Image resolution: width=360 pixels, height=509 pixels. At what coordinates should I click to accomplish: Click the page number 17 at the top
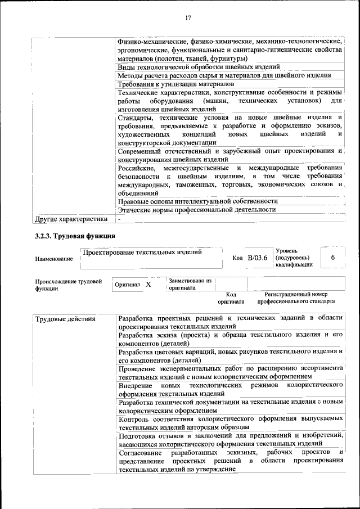click(188, 18)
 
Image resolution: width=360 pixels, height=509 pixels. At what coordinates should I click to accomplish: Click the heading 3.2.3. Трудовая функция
click(75, 236)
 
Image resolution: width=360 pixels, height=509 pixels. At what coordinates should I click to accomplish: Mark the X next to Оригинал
click(148, 285)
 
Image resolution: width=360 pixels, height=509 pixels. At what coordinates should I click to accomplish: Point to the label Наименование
click(53, 259)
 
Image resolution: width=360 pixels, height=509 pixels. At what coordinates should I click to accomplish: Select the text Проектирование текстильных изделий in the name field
click(142, 252)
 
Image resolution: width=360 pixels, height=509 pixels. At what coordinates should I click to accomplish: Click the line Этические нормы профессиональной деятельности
click(197, 209)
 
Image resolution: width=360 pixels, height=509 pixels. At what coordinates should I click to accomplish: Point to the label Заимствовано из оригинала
click(190, 283)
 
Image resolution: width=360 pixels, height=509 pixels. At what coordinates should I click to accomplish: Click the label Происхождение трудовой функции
click(68, 284)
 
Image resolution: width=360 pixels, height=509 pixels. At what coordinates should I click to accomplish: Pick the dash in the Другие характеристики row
click(119, 218)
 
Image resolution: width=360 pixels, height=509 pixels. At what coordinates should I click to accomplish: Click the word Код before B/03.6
click(237, 258)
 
